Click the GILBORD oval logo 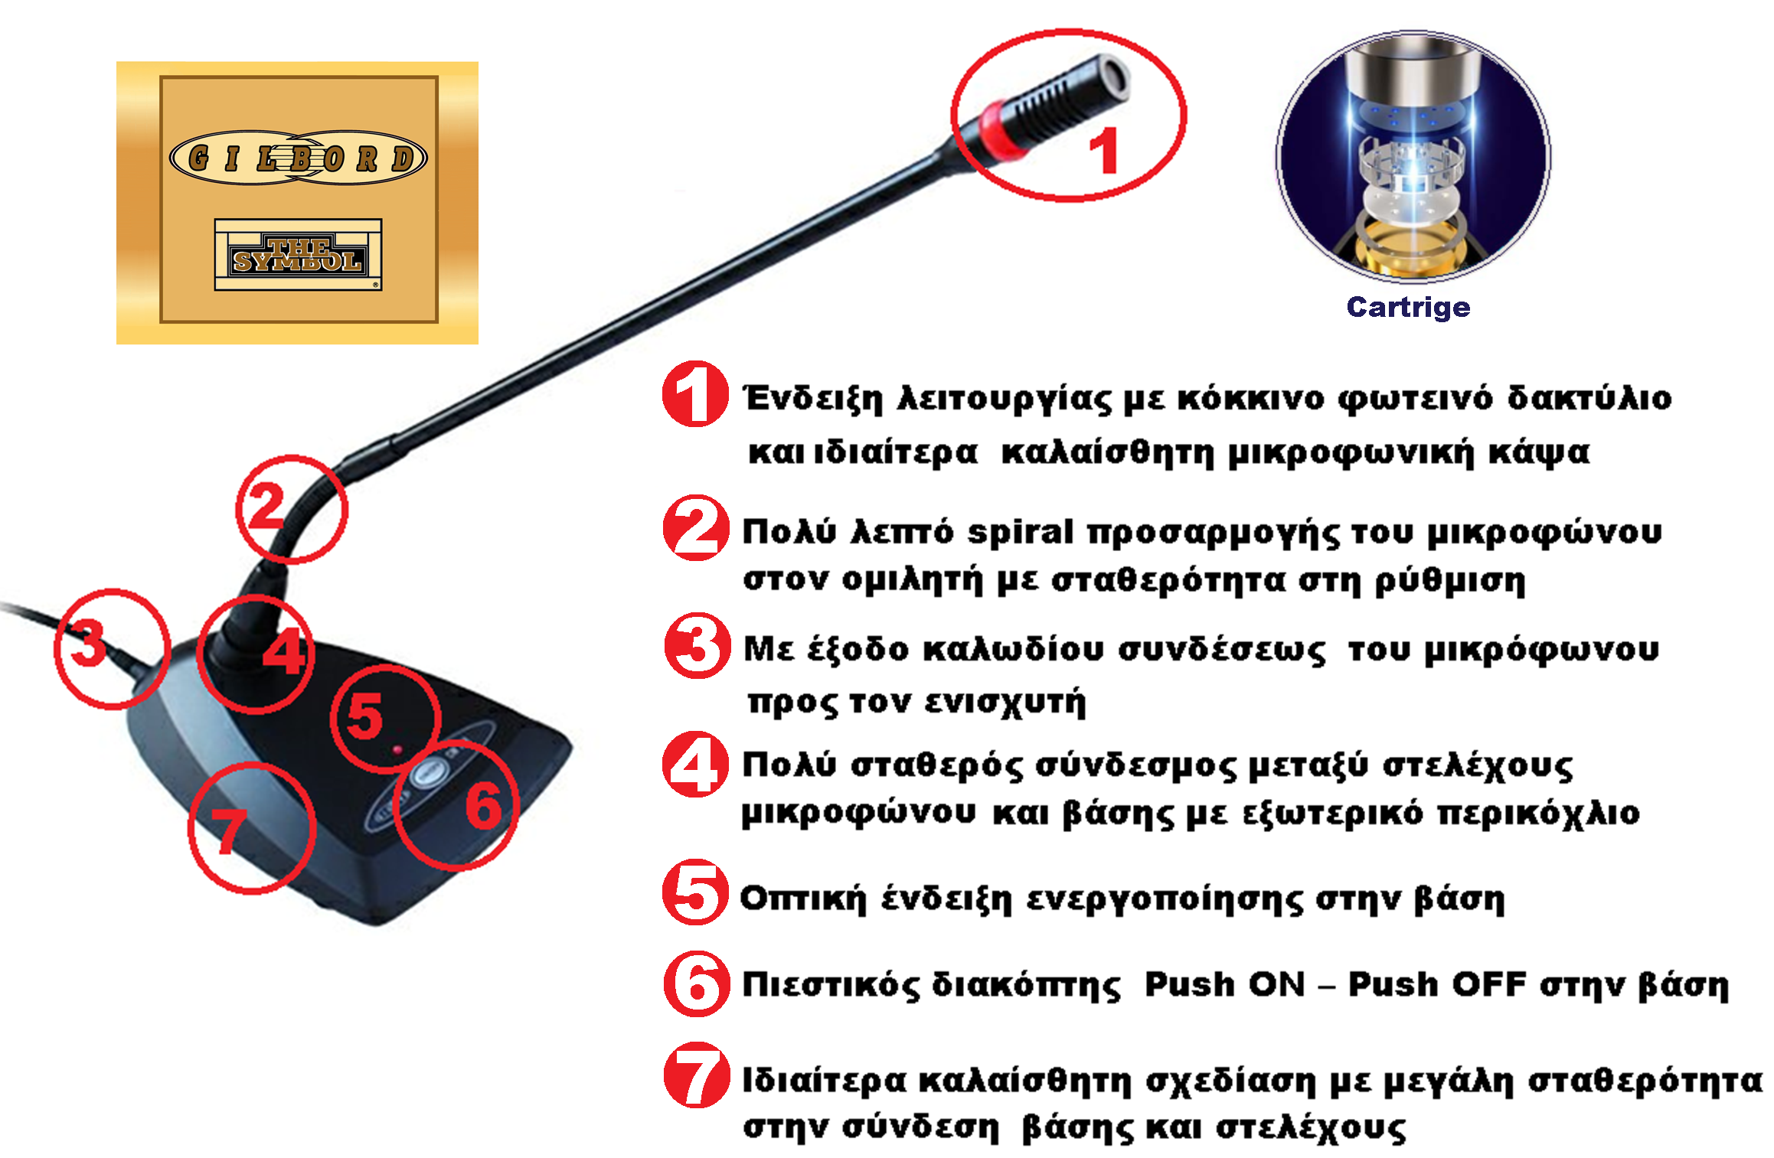point(298,158)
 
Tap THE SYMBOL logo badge point(298,255)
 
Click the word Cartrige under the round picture point(1408,308)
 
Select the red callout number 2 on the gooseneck point(266,507)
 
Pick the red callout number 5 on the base point(364,715)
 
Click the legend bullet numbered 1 point(695,393)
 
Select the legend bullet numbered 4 point(695,765)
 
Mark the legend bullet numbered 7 point(697,1075)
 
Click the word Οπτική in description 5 point(803,899)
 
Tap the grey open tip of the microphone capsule point(1112,77)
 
